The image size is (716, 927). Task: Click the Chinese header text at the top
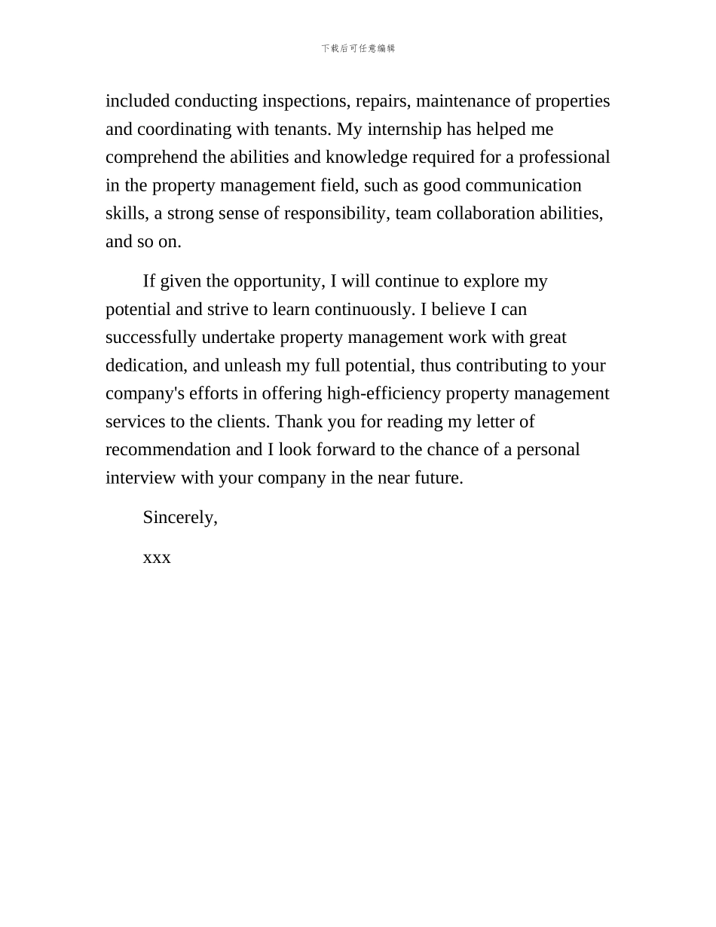(358, 48)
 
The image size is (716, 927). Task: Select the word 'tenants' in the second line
(301, 129)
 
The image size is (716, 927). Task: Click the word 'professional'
(566, 158)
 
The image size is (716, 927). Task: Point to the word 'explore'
(491, 281)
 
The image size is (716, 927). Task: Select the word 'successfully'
(151, 338)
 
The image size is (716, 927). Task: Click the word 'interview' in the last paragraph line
(140, 478)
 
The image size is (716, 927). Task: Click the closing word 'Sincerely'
(179, 518)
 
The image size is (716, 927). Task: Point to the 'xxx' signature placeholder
(157, 558)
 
